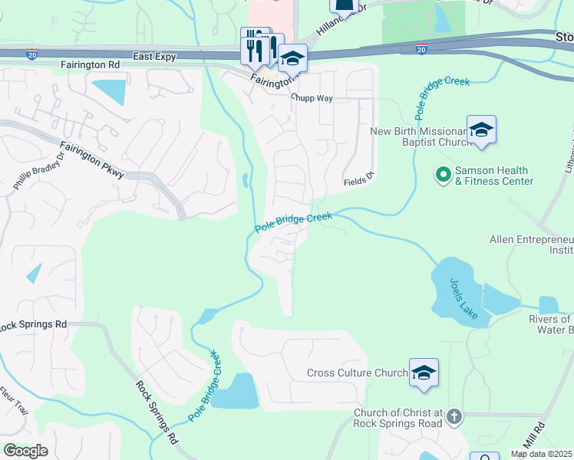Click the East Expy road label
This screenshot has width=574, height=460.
(154, 57)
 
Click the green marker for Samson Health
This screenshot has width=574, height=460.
(443, 176)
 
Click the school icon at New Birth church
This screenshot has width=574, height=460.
(481, 130)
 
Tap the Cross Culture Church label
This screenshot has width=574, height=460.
(357, 373)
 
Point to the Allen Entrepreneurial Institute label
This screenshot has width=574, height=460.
(532, 245)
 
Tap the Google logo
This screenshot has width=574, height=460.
(25, 451)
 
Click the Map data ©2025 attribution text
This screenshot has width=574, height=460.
(542, 454)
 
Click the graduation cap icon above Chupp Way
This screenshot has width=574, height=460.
(292, 58)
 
